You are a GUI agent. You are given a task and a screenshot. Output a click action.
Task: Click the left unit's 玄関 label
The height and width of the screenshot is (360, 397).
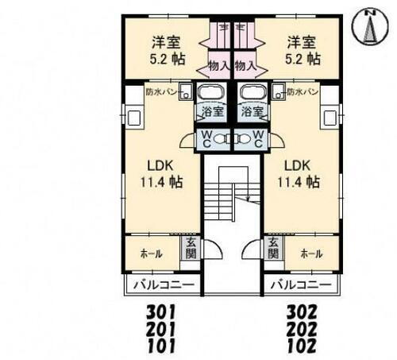click(191, 249)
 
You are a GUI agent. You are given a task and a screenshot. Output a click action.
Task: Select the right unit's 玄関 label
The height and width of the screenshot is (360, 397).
click(272, 249)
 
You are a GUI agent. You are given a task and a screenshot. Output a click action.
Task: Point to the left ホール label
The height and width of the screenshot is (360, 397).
click(152, 254)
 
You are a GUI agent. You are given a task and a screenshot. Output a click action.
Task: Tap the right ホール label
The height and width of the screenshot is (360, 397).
click(311, 254)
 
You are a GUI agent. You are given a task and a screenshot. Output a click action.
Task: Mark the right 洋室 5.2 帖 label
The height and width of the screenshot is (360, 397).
click(304, 50)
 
